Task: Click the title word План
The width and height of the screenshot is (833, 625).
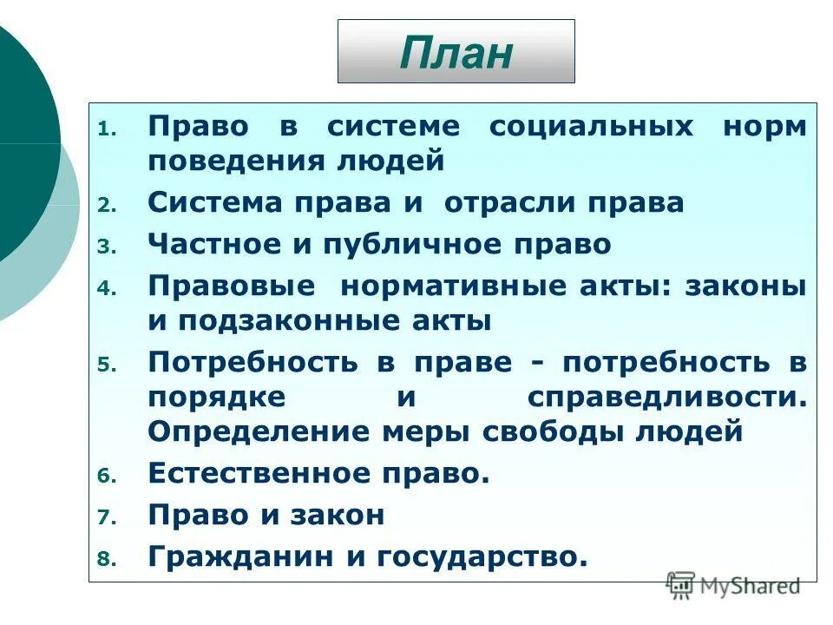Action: (456, 53)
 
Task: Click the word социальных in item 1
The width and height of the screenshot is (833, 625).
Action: (591, 127)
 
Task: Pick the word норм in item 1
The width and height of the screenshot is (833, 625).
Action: (764, 127)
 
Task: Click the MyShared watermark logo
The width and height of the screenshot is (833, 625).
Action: (733, 586)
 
